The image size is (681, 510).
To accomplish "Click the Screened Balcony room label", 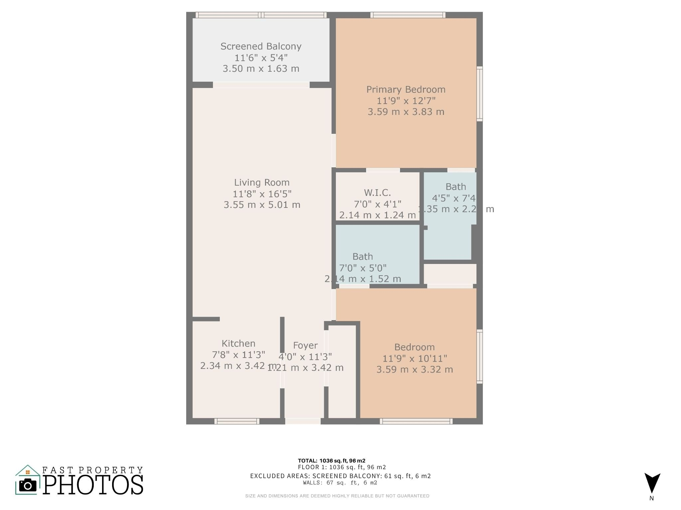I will pyautogui.click(x=261, y=46).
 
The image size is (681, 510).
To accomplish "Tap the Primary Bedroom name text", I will pyautogui.click(x=406, y=89).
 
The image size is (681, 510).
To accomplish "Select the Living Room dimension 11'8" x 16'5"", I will pyautogui.click(x=262, y=194).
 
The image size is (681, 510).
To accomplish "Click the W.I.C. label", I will pyautogui.click(x=377, y=193).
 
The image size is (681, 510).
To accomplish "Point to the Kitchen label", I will pyautogui.click(x=238, y=343).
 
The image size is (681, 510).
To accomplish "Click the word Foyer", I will pyautogui.click(x=305, y=345).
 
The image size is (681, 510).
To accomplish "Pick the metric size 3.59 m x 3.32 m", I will pyautogui.click(x=414, y=370).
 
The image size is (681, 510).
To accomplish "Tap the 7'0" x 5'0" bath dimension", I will pyautogui.click(x=362, y=268).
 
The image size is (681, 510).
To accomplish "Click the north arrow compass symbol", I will pyautogui.click(x=652, y=483).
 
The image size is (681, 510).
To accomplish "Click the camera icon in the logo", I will pyautogui.click(x=28, y=486).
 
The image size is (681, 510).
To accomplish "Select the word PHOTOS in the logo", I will pyautogui.click(x=93, y=485).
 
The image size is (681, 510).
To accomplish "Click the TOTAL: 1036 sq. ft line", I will pyautogui.click(x=331, y=461).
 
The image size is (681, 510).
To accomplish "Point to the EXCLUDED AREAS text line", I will pyautogui.click(x=340, y=476).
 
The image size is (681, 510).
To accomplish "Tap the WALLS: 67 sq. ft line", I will pyautogui.click(x=340, y=483).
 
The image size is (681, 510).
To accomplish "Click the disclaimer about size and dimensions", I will pyautogui.click(x=337, y=496).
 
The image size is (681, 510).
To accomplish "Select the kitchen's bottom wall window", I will pyautogui.click(x=236, y=421).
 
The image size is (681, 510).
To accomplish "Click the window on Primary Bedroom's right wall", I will pyautogui.click(x=479, y=94).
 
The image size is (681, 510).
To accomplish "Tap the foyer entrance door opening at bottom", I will pyautogui.click(x=303, y=421).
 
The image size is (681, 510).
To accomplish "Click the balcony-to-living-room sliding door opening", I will pyautogui.click(x=261, y=85).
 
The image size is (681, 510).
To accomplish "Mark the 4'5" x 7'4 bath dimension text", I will pyautogui.click(x=454, y=198).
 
